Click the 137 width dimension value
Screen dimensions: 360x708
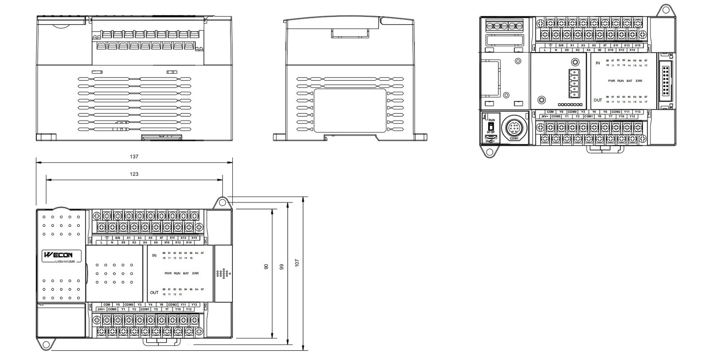click(134, 156)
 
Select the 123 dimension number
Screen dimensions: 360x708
click(134, 174)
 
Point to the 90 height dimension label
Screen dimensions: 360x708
click(266, 267)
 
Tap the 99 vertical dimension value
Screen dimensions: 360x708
click(281, 267)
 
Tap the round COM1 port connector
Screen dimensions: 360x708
click(514, 128)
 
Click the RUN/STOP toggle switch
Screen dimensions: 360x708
click(491, 126)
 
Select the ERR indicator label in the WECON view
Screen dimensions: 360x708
click(195, 273)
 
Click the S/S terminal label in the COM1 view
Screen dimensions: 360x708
click(561, 45)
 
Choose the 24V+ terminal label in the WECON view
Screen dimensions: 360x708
click(101, 309)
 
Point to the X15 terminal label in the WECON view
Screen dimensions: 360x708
click(194, 238)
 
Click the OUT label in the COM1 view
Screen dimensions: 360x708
click(597, 100)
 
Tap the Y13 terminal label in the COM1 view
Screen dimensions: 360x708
click(637, 112)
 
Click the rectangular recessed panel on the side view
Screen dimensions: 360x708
click(350, 111)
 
